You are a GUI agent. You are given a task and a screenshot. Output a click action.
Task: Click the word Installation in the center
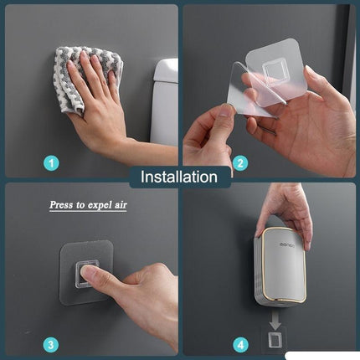tap(179, 177)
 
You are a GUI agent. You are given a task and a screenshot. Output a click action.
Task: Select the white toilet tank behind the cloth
tap(166, 100)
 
